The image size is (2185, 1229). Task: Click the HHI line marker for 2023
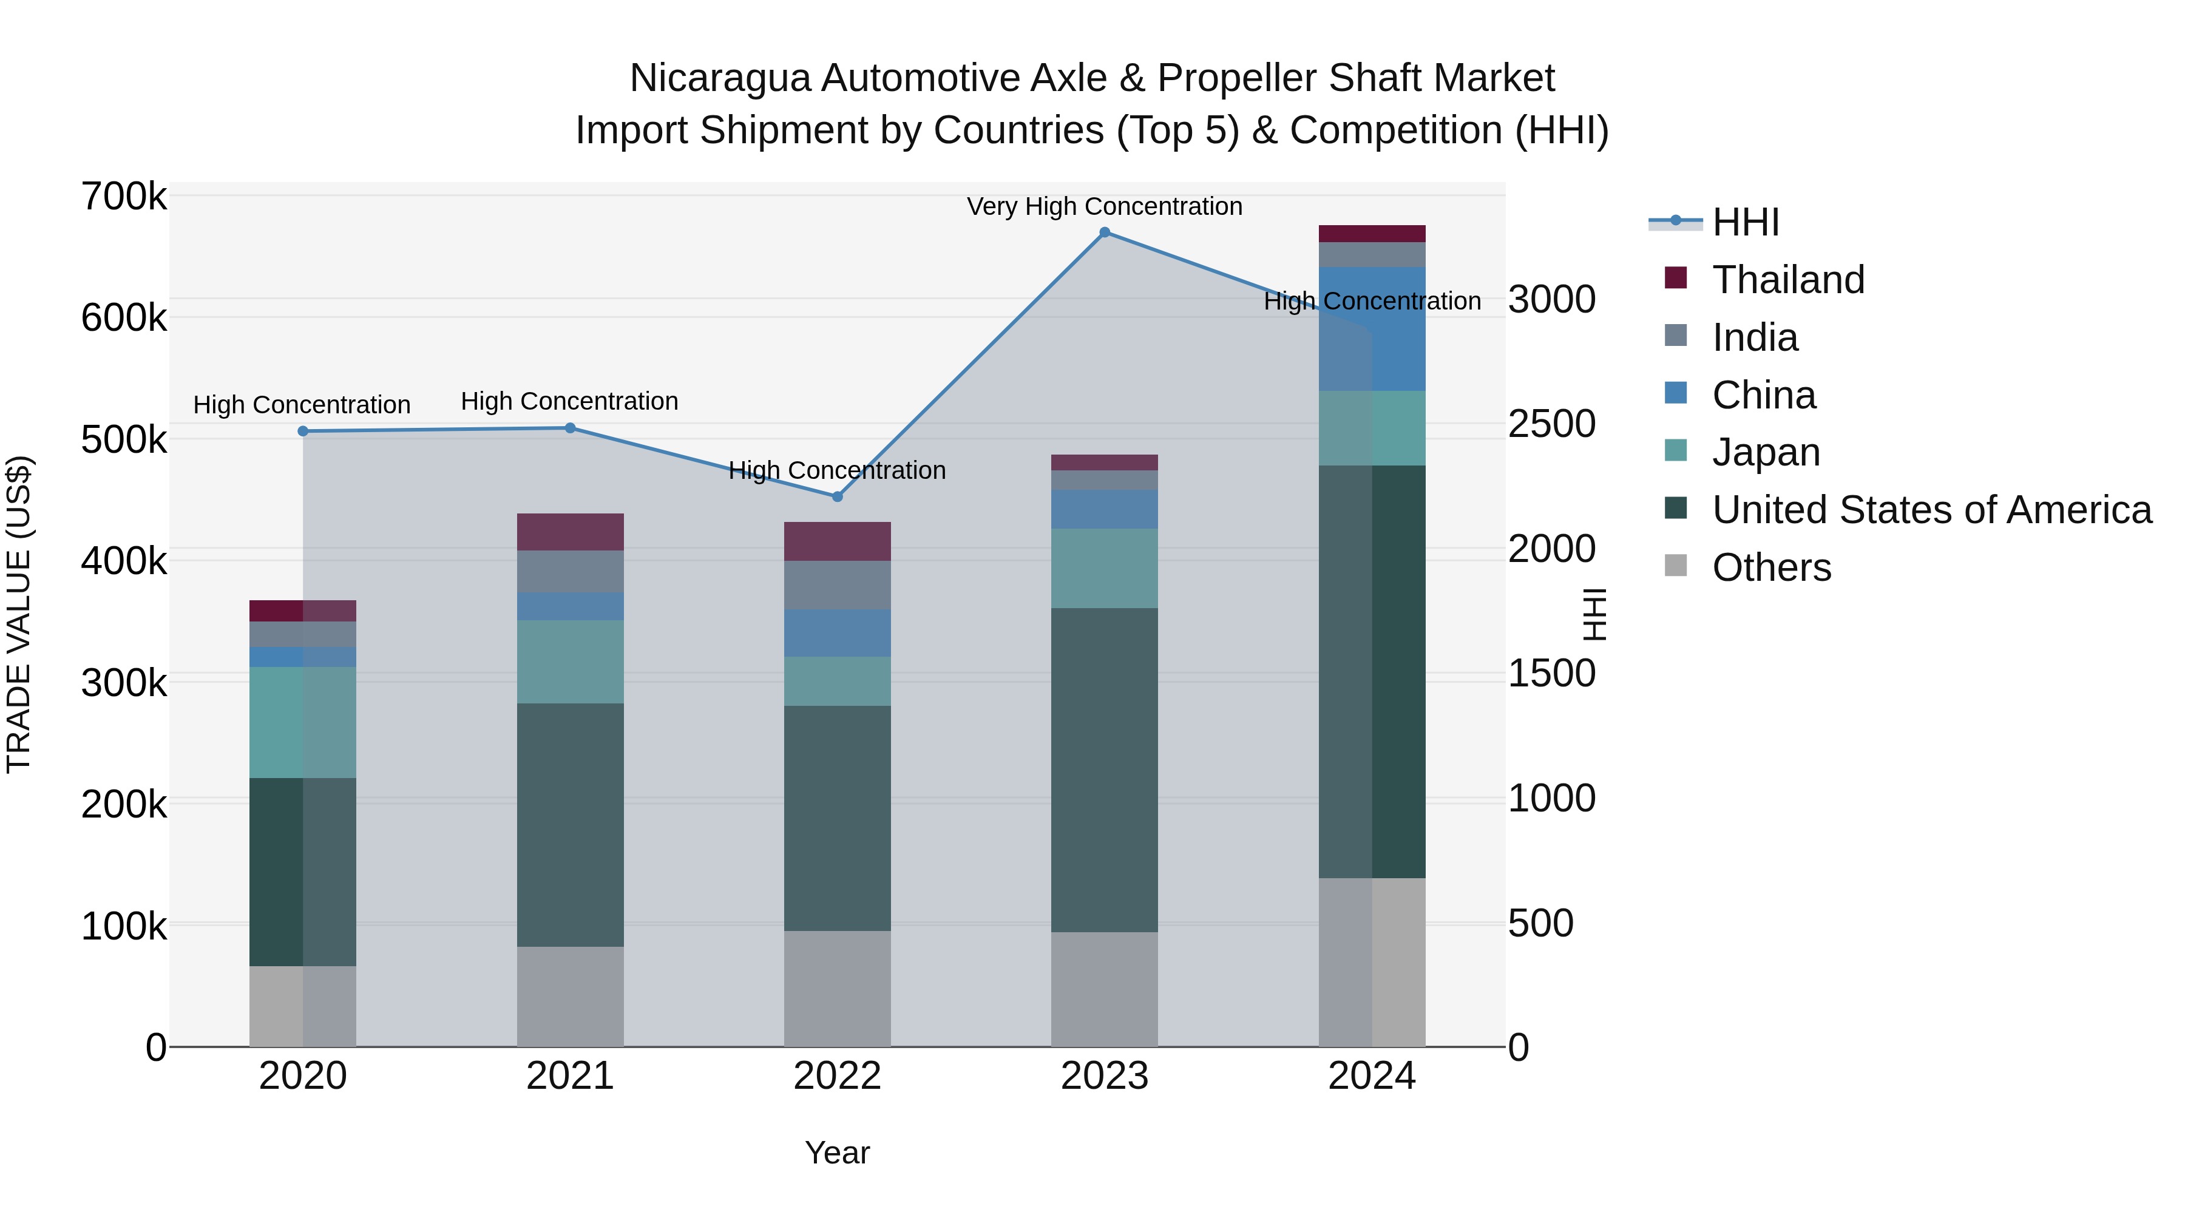click(x=1105, y=232)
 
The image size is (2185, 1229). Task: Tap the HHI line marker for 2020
click(x=303, y=431)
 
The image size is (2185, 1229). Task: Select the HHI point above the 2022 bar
click(x=837, y=497)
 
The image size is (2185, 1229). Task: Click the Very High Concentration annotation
click(x=1105, y=206)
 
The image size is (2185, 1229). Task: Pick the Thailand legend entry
click(x=1788, y=280)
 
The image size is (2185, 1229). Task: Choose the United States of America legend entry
click(x=1931, y=510)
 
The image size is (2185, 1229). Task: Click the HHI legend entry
click(x=1745, y=222)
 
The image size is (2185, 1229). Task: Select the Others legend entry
click(x=1771, y=567)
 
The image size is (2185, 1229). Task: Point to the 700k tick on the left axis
click(x=124, y=197)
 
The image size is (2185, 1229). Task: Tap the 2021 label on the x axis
click(x=570, y=1076)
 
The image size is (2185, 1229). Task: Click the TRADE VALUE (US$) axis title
click(x=19, y=615)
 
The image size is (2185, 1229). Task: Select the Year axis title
click(x=837, y=1153)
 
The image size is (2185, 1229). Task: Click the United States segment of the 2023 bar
click(x=1105, y=770)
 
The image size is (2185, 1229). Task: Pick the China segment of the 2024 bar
click(x=1372, y=329)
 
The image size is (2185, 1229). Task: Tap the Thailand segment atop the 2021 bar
click(x=570, y=532)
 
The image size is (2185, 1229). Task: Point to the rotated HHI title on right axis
click(x=1594, y=615)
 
